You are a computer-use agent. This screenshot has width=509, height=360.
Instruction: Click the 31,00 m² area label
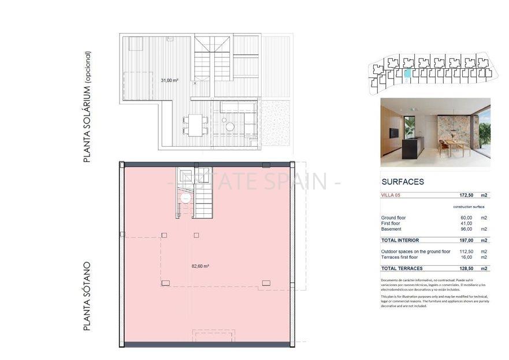click(169, 80)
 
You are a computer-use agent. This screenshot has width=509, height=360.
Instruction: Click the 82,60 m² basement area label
click(200, 266)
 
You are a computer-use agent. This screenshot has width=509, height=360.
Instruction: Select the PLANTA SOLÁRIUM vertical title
click(87, 107)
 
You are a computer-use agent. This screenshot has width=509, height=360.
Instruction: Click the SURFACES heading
click(402, 181)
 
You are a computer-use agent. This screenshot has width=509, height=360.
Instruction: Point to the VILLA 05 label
click(391, 196)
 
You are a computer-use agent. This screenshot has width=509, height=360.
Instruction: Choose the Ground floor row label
click(393, 218)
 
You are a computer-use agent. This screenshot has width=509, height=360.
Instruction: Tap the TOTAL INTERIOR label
click(400, 240)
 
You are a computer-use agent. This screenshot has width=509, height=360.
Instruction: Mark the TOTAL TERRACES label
click(402, 268)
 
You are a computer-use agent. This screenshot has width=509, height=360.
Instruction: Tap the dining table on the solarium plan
click(196, 124)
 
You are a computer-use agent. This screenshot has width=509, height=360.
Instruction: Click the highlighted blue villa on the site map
click(408, 74)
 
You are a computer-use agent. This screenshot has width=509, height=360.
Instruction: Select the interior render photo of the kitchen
click(435, 132)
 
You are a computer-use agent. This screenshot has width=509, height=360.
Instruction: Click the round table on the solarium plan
click(229, 127)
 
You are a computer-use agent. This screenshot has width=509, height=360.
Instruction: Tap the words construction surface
click(469, 207)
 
